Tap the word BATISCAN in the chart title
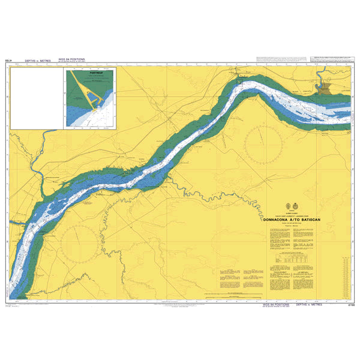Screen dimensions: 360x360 tap(317, 220)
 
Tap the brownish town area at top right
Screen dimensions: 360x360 tap(326, 89)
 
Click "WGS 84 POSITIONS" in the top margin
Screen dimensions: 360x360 tap(71, 60)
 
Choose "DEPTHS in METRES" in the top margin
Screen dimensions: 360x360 tap(38, 61)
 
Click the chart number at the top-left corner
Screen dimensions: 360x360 tap(8, 61)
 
